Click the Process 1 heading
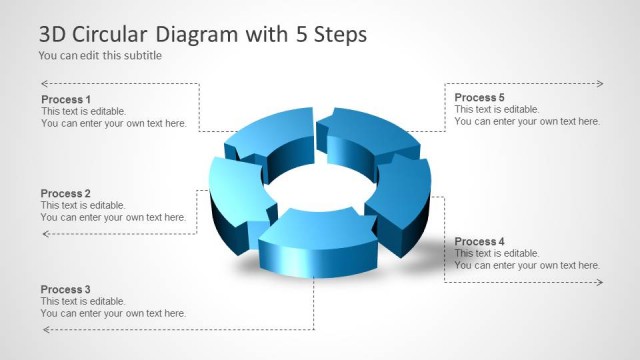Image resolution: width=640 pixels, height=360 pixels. pyautogui.click(x=66, y=99)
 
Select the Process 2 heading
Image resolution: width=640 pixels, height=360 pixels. pyautogui.click(x=66, y=193)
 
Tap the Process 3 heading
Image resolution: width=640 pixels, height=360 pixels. pyautogui.click(x=66, y=289)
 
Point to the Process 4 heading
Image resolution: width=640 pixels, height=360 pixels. pyautogui.click(x=479, y=242)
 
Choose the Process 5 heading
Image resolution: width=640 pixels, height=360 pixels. pyautogui.click(x=479, y=97)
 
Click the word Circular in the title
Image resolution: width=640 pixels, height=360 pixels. pyautogui.click(x=122, y=34)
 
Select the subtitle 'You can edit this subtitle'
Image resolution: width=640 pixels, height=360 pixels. pyautogui.click(x=100, y=56)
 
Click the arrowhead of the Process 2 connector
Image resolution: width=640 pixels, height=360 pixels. pyautogui.click(x=45, y=234)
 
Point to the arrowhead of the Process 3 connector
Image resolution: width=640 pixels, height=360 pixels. pyautogui.click(x=45, y=329)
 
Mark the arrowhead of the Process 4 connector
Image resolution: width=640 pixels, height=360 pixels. pyautogui.click(x=599, y=283)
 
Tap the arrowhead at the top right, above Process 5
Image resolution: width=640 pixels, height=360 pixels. pyautogui.click(x=599, y=84)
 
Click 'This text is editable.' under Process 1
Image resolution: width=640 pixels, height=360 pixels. pyautogui.click(x=83, y=111)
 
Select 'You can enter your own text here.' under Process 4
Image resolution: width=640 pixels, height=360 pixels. pyautogui.click(x=527, y=266)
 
